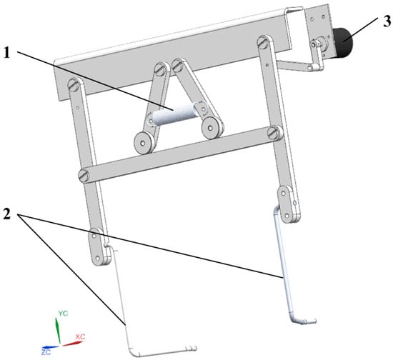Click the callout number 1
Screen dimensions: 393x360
coord(7,53)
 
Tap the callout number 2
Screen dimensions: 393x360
coord(6,214)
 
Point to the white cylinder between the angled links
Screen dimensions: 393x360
coord(174,114)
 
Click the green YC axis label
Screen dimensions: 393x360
coord(63,314)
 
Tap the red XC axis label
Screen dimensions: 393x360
coord(80,336)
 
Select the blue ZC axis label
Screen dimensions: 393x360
coord(46,352)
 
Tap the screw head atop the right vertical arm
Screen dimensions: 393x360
coord(263,41)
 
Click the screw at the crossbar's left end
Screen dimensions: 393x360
coord(84,176)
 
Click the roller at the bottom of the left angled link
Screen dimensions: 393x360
coord(143,144)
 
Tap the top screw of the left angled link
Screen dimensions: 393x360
coord(160,69)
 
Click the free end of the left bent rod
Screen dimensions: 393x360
coord(194,349)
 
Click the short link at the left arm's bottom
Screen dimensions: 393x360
coord(99,246)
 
